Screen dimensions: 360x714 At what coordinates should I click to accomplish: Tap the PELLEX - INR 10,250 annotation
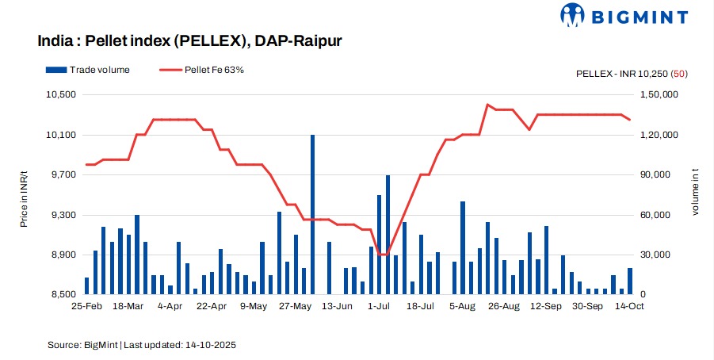(x=631, y=74)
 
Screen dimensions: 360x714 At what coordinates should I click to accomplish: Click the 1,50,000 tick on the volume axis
(x=660, y=94)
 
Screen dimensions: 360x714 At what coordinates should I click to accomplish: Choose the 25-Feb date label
(x=86, y=305)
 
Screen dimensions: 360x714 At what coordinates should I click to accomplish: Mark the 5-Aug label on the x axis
(x=462, y=305)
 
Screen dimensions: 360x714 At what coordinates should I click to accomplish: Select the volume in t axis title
(x=696, y=194)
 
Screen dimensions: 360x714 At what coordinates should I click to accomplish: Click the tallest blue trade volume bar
(x=312, y=214)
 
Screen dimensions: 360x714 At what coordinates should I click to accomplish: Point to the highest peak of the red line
(x=487, y=105)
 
